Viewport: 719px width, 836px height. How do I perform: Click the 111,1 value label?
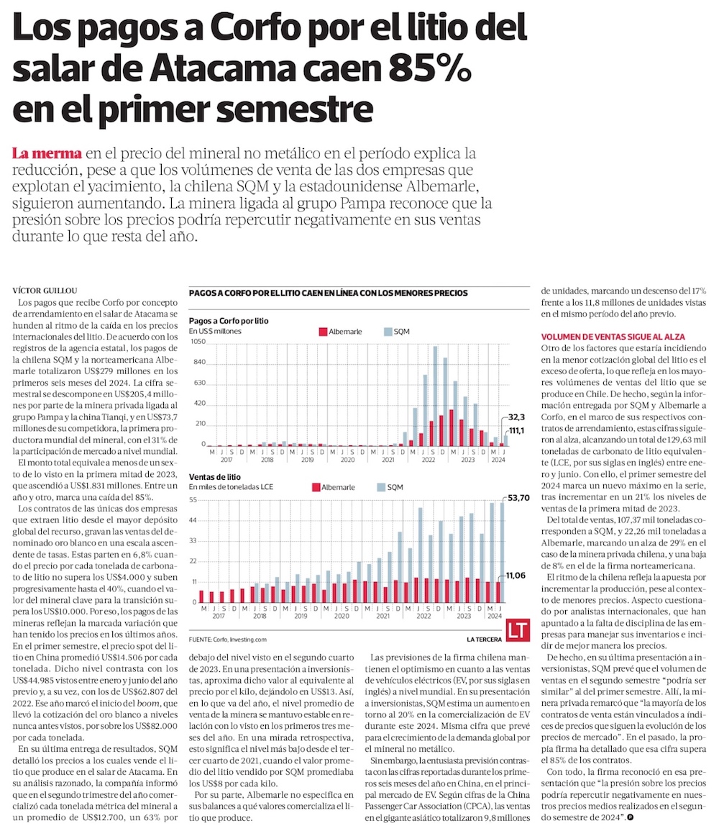pyautogui.click(x=517, y=430)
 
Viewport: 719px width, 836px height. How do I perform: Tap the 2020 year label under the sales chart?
pyautogui.click(x=342, y=616)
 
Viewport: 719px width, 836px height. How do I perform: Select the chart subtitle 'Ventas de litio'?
pyautogui.click(x=214, y=476)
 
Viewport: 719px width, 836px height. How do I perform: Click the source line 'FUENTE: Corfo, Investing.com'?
pyautogui.click(x=227, y=638)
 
